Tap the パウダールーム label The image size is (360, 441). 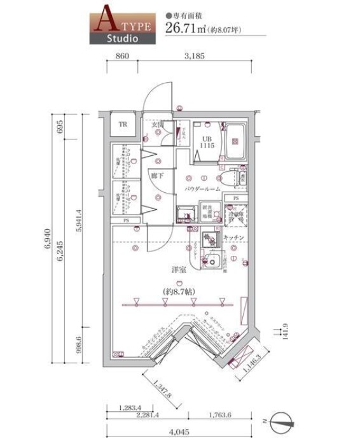(x=202, y=190)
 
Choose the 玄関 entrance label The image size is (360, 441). (x=158, y=125)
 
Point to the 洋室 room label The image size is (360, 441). (x=177, y=270)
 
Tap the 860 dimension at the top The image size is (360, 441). (x=123, y=56)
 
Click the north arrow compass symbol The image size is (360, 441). (x=282, y=421)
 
